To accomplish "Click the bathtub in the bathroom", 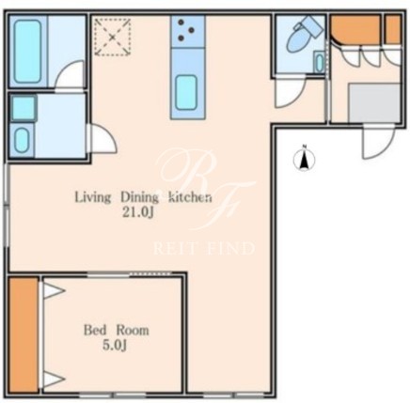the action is tap(27, 52).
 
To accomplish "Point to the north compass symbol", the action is tap(304, 159).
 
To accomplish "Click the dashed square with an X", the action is tap(113, 37).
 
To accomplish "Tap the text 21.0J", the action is tap(137, 212).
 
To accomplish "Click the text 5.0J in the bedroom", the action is tap(115, 346).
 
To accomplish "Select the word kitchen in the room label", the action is tap(190, 197).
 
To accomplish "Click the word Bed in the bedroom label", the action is tap(95, 331).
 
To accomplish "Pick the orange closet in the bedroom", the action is tap(24, 334).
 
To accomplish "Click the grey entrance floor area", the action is tap(374, 103).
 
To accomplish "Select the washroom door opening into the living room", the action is tap(103, 138).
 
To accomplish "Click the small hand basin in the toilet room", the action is tap(320, 63).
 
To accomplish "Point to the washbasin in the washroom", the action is tap(22, 141).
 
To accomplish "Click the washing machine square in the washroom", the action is tap(24, 108).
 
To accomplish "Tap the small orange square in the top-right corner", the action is tap(393, 29).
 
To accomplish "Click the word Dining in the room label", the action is tap(140, 198).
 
